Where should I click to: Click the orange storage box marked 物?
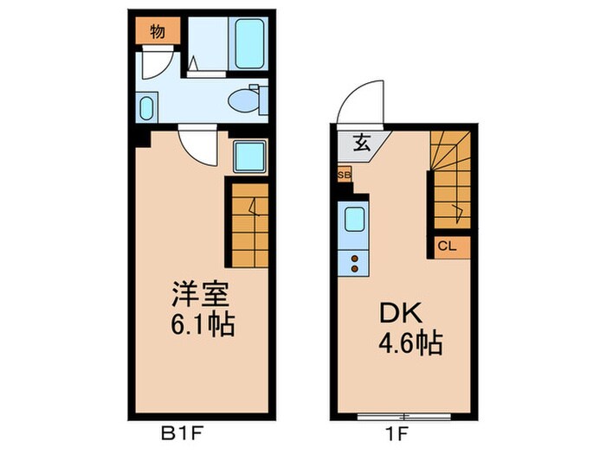[x=157, y=33]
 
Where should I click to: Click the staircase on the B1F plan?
[x=249, y=223]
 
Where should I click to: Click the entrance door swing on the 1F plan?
[x=356, y=109]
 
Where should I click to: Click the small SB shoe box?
[x=344, y=175]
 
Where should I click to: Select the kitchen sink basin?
[x=356, y=219]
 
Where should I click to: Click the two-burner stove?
[x=355, y=257]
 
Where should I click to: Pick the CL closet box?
[x=447, y=246]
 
